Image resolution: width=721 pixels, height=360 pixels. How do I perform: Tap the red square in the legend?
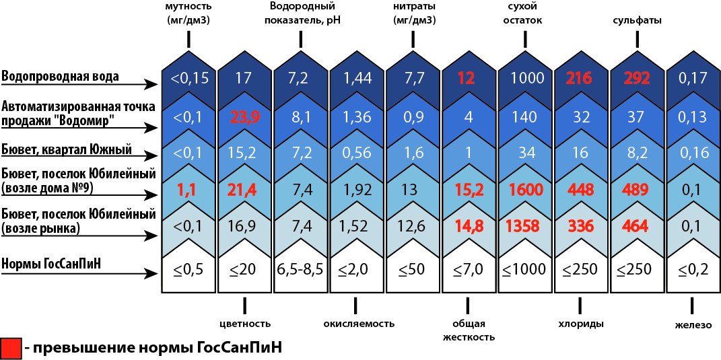pos(10,347)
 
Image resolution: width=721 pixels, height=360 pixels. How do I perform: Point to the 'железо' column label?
pos(693,326)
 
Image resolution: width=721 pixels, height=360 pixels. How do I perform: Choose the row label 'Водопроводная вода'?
pos(61,75)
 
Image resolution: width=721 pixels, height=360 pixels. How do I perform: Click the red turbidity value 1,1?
pos(188,190)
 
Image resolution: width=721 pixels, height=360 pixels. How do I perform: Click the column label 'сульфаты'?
pos(637,20)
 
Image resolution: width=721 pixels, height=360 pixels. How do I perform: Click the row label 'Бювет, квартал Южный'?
pos(66,149)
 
